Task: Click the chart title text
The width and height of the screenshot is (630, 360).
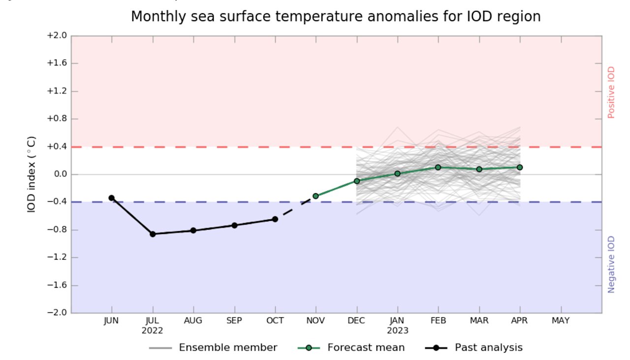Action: coord(336,16)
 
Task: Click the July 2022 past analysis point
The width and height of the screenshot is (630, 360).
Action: coord(153,234)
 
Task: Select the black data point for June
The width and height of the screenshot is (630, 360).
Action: coord(112,198)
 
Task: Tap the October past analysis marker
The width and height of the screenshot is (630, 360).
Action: coord(275,219)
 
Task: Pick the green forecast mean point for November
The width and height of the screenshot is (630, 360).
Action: coord(315,196)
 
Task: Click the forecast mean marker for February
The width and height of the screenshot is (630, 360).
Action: coord(438,167)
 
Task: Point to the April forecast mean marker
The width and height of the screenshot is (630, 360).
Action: coord(520,167)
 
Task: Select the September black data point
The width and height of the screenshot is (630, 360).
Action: coord(234,225)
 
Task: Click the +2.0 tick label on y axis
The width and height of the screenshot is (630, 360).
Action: coord(56,36)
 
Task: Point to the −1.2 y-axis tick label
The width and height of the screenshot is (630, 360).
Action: coord(56,258)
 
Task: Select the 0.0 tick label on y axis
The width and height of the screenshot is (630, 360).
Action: coord(59,175)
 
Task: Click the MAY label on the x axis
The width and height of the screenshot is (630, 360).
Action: coord(561,321)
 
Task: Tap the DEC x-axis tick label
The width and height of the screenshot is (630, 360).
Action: coord(356,321)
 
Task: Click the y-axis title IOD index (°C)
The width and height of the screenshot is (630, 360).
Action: coord(31,174)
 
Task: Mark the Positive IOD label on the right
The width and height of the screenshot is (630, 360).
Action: coord(611,92)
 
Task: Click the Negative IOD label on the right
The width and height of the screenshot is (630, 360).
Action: coord(611,265)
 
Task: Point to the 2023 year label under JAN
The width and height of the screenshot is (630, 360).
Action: coord(397,331)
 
